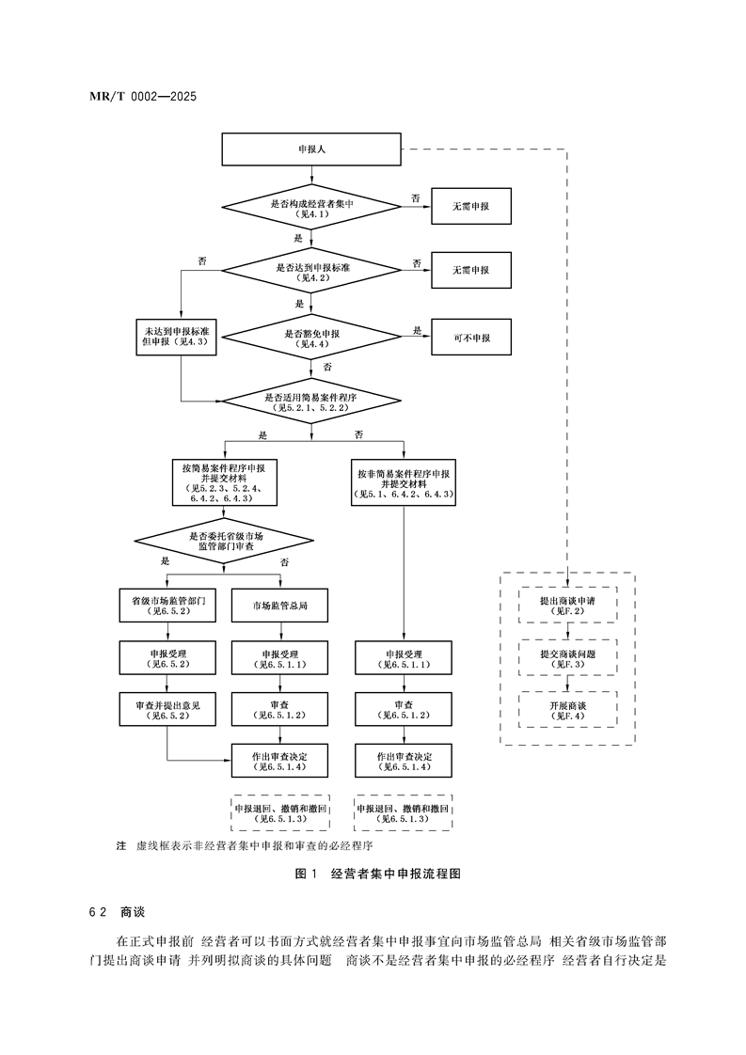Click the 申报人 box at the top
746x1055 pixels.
tap(311, 150)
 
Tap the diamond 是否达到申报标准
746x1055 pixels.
tap(311, 273)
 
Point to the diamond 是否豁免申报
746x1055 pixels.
tap(311, 339)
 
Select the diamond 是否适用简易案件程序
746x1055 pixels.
tap(311, 403)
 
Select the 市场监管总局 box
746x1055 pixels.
tap(279, 605)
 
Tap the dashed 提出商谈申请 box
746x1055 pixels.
tap(568, 604)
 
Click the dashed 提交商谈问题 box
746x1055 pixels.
tap(568, 657)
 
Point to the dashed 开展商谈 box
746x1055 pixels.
tap(568, 709)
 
